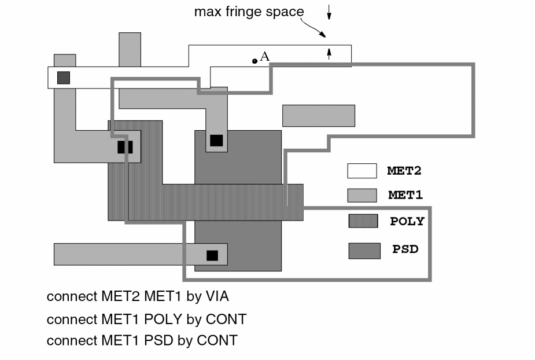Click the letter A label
point(265,56)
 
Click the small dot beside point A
point(254,61)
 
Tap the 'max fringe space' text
point(249,12)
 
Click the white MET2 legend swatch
point(363,171)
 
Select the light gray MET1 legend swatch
point(363,195)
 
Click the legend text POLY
point(407,222)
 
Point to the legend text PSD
point(405,250)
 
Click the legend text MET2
point(405,171)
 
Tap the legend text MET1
point(405,196)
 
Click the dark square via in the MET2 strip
point(64,78)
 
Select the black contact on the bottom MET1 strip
point(212,255)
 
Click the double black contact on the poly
point(125,147)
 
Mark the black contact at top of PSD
point(216,140)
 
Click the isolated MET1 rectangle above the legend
point(318,115)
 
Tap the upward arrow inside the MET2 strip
point(329,53)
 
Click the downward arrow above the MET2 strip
point(329,11)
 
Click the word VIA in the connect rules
point(215,297)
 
